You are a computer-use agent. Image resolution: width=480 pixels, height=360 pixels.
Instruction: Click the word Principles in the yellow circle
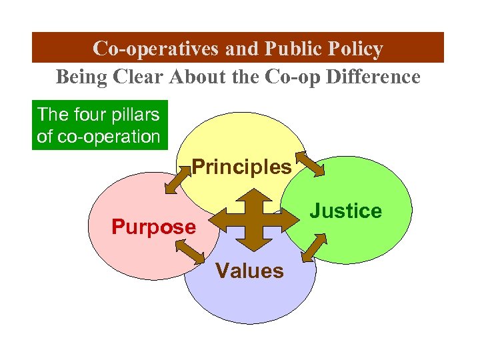(x=241, y=167)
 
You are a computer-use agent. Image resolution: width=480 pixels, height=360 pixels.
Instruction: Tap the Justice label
(x=347, y=211)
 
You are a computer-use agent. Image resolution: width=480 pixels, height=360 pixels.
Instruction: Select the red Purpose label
(x=153, y=227)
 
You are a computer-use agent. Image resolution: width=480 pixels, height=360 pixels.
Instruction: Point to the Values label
(x=250, y=271)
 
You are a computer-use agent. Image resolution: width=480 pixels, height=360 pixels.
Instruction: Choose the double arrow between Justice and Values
(x=314, y=248)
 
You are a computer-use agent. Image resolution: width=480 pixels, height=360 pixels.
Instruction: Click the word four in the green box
(x=87, y=114)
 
